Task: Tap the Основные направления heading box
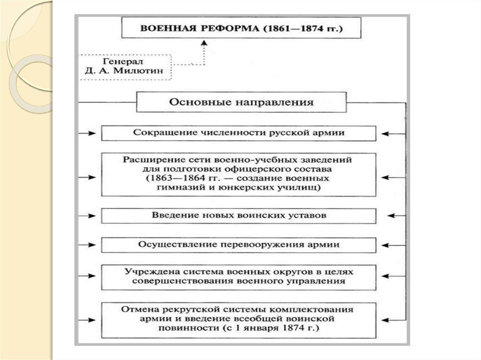(241, 102)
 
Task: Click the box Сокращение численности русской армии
(239, 133)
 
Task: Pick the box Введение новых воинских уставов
(239, 215)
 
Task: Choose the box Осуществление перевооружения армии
(239, 245)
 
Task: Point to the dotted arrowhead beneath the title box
(204, 42)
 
